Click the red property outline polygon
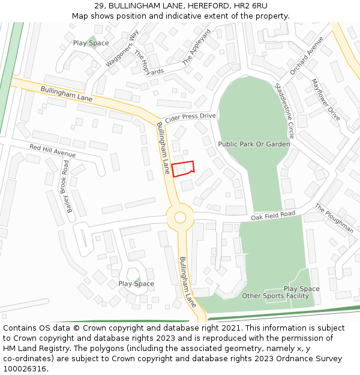(184, 169)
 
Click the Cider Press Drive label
(190, 116)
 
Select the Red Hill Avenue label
(52, 151)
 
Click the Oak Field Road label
(273, 215)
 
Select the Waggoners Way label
(122, 47)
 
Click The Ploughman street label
(334, 218)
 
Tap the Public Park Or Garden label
(254, 144)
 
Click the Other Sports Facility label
(275, 296)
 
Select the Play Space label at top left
(91, 43)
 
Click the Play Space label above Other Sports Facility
(301, 289)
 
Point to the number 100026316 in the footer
(24, 369)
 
